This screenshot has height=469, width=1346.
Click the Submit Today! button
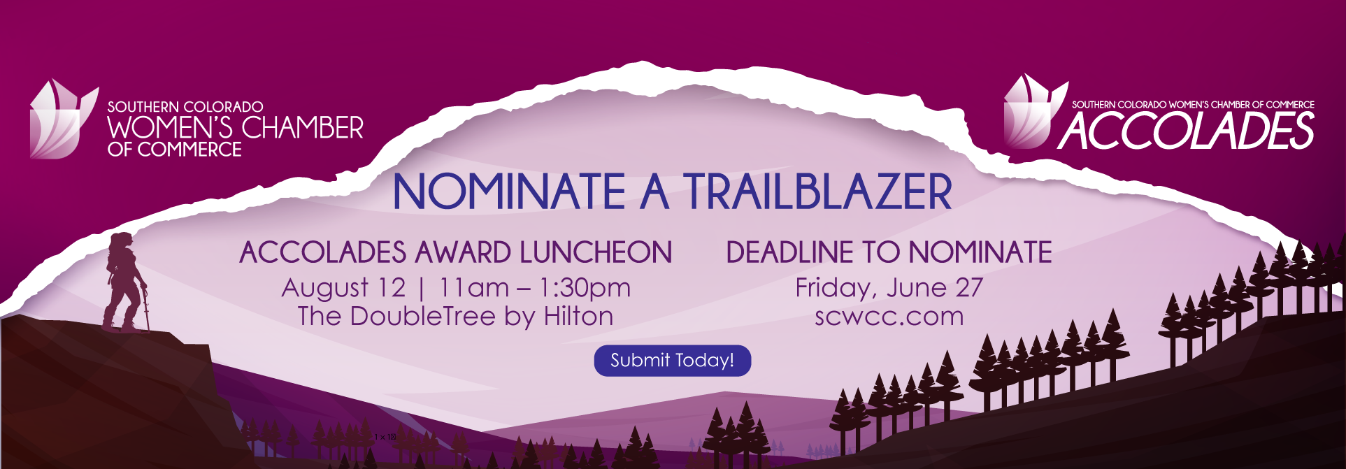tap(673, 361)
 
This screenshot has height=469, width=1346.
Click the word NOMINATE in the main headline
tap(510, 192)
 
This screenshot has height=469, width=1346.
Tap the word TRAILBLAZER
tap(818, 192)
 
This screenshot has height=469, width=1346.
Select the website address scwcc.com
tap(889, 317)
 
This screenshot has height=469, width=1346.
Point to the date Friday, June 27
tap(889, 288)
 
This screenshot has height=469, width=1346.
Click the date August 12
tap(343, 288)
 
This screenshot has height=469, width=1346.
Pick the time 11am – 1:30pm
tap(535, 288)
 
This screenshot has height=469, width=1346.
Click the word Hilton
tap(578, 317)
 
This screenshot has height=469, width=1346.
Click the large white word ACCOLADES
tap(1187, 131)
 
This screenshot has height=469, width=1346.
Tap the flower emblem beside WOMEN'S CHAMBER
tap(63, 119)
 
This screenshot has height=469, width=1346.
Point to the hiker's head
tap(122, 243)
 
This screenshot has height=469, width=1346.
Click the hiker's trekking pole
tap(145, 307)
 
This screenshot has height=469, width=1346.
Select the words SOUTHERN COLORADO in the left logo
tap(185, 107)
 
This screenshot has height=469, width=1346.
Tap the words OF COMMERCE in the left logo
tap(175, 150)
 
